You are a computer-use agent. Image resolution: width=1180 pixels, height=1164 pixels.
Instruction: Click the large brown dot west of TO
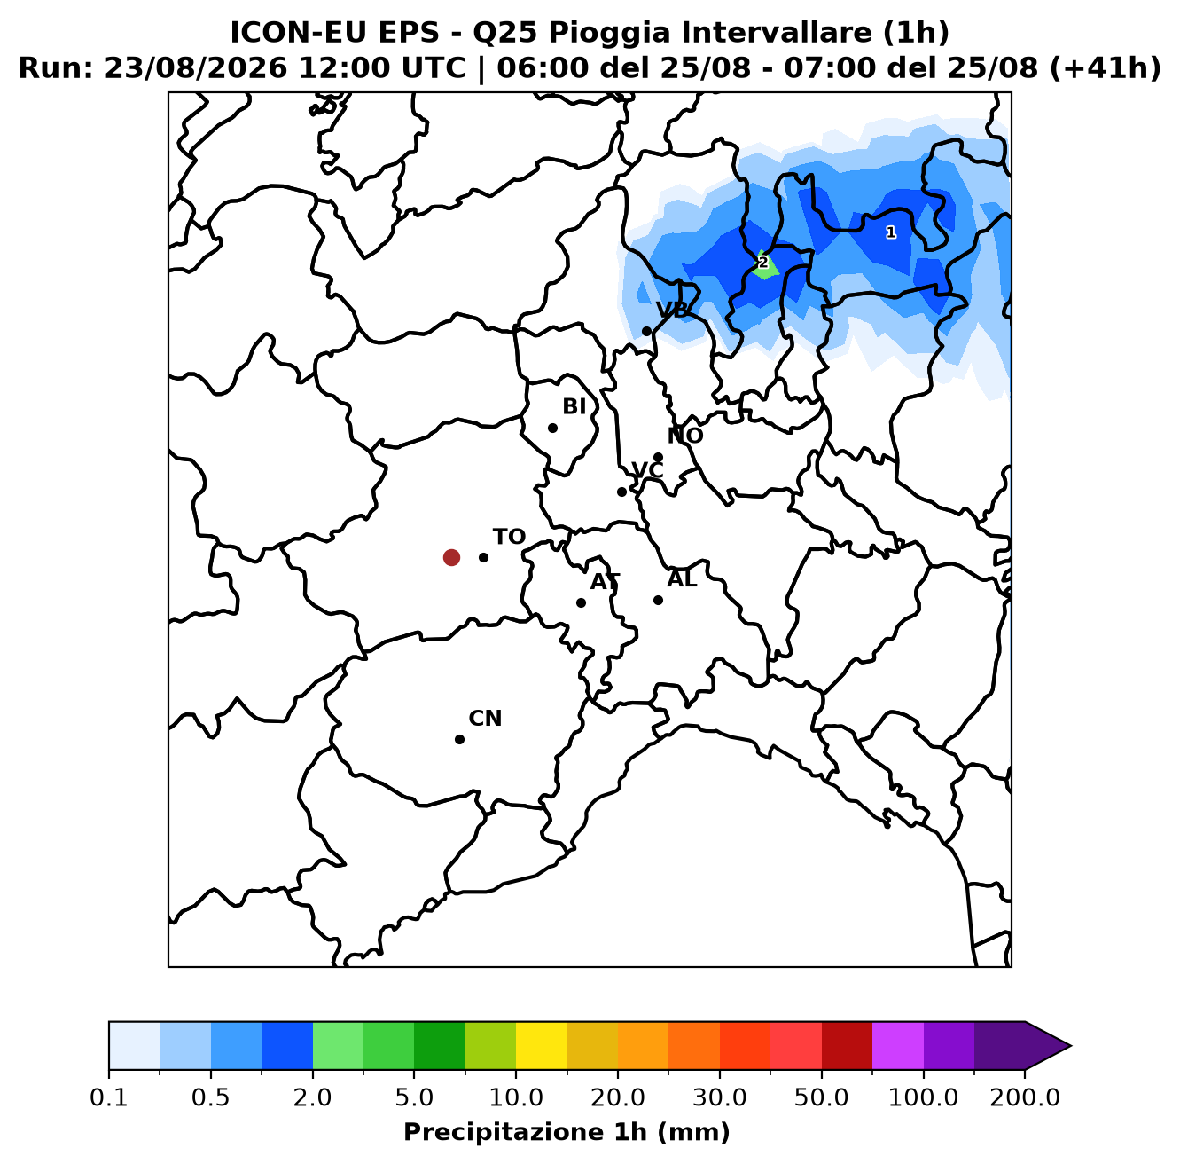(451, 557)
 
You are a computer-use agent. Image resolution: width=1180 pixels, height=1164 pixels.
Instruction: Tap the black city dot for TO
(483, 557)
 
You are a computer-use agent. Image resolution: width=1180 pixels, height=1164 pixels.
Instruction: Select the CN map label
(485, 718)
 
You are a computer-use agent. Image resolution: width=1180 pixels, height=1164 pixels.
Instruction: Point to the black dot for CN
(459, 739)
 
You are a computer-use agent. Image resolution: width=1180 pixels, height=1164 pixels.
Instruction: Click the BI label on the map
(574, 406)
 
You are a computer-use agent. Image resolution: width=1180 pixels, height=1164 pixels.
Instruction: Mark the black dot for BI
(552, 428)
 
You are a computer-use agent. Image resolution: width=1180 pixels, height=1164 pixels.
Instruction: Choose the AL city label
(682, 578)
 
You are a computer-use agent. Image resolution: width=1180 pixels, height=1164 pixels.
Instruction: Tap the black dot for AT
(581, 602)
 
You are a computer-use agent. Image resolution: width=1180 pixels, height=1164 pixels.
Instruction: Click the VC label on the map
(647, 470)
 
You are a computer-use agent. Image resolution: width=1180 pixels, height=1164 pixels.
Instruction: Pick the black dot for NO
(658, 457)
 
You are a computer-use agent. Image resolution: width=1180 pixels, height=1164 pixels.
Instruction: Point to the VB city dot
(646, 332)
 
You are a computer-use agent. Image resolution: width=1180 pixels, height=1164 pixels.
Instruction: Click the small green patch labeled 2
(765, 265)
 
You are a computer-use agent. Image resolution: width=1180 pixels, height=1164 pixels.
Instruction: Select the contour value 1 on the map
(891, 232)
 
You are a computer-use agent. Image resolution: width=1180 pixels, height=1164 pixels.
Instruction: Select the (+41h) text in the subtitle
(1105, 68)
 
